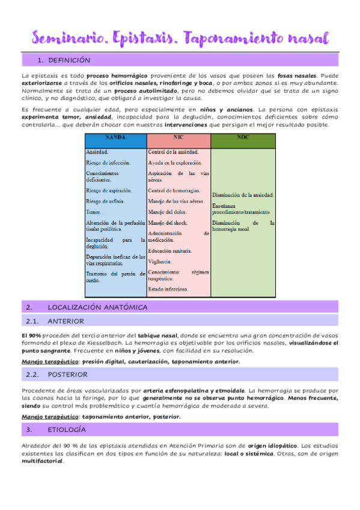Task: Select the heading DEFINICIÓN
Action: [69, 60]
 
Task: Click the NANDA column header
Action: [115, 138]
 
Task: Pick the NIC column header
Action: [178, 138]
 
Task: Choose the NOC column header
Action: [243, 138]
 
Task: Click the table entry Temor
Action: [94, 212]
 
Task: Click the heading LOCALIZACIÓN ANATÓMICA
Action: [97, 307]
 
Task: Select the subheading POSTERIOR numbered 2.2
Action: [67, 374]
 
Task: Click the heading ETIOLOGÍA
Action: [66, 429]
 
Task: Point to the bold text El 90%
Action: [31, 334]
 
